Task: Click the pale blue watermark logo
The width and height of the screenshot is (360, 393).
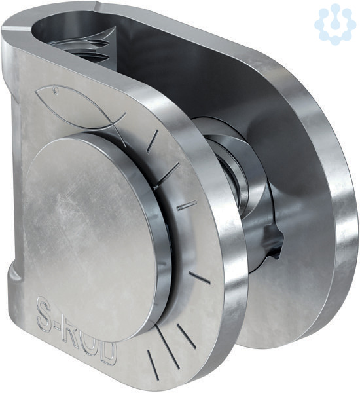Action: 335,26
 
